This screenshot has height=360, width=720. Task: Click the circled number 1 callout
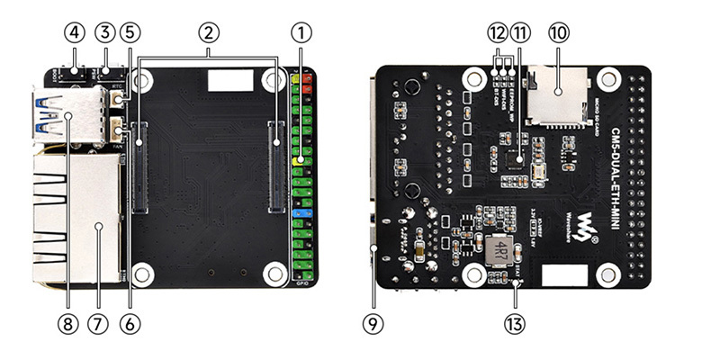point(301,33)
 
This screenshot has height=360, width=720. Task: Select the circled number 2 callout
point(208,33)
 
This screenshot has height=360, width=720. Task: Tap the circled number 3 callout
point(106,33)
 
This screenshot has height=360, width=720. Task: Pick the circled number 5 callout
point(131,33)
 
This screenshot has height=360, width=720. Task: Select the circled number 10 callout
point(558,33)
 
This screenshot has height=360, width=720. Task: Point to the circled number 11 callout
point(520,33)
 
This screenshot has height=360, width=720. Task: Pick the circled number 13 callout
point(516,320)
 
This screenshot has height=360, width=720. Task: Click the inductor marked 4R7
point(498,251)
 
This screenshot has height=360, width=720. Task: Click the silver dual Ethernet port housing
point(76,216)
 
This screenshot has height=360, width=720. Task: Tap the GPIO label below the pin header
point(302,283)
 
